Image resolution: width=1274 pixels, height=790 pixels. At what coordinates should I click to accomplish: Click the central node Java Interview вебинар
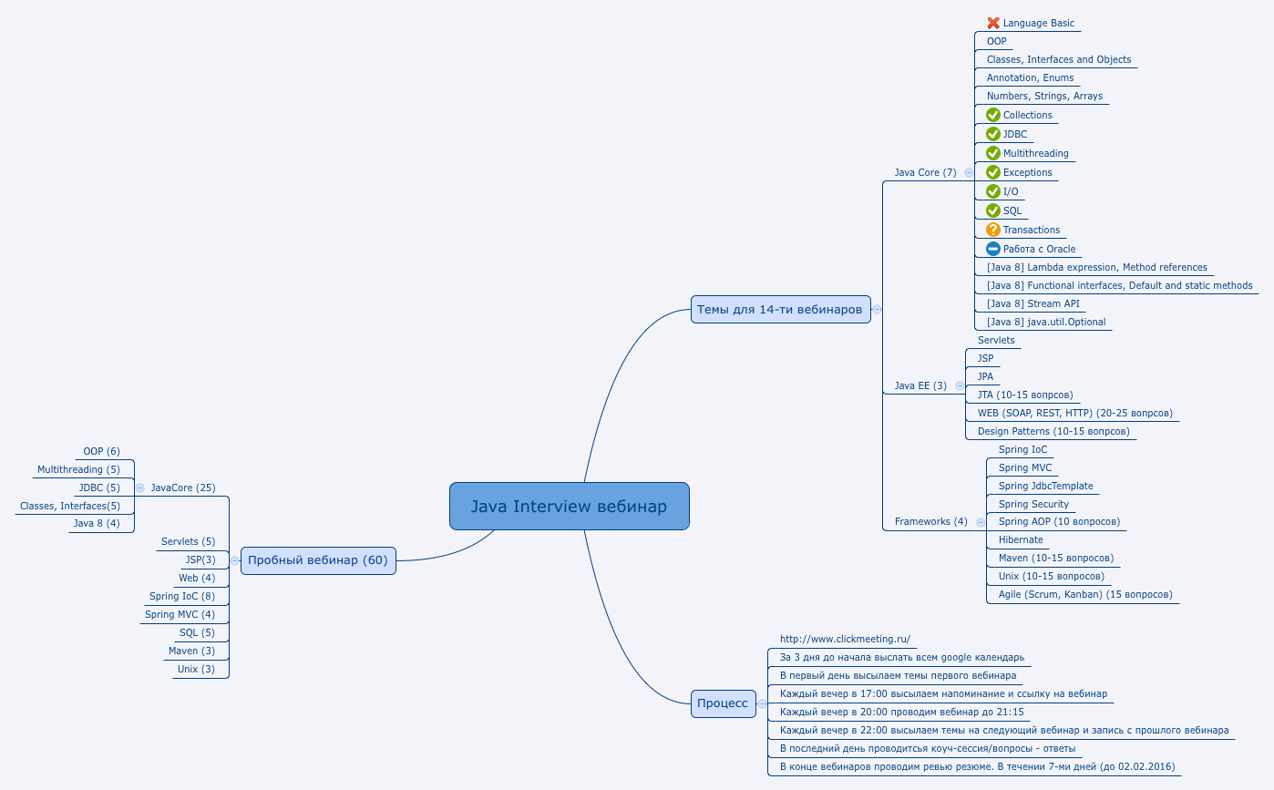[x=569, y=507]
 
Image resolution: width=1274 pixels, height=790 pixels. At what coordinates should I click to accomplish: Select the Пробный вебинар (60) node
[x=318, y=560]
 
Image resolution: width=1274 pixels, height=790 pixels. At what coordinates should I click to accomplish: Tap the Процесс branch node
[x=723, y=703]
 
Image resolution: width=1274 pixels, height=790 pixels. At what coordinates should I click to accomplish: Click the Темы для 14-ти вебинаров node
[x=780, y=309]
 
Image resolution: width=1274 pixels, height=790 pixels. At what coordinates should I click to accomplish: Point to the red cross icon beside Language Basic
[x=993, y=23]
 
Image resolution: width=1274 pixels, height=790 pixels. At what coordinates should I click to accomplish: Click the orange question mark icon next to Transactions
[x=993, y=230]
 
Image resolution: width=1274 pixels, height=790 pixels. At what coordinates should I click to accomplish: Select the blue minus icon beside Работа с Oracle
[x=993, y=249]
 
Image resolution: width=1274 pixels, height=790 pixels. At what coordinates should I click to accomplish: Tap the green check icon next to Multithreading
[x=993, y=153]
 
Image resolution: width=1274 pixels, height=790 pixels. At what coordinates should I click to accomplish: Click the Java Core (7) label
[x=925, y=172]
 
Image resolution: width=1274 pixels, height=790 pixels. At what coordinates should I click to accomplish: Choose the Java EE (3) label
[x=920, y=385]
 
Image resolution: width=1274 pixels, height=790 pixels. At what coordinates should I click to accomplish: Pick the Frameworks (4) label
[x=930, y=522]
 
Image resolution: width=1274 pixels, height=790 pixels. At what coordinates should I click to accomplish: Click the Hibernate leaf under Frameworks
[x=1020, y=540]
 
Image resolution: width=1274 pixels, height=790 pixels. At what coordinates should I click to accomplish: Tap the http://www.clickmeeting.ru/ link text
[x=845, y=640]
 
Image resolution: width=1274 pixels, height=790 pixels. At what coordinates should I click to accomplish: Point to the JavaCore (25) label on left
[x=183, y=487]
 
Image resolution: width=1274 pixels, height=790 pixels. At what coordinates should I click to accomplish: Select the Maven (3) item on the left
[x=191, y=651]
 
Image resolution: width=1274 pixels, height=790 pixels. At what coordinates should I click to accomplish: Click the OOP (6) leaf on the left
[x=101, y=452]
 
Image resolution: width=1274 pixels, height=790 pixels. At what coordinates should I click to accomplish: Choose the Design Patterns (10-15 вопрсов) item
[x=1053, y=432]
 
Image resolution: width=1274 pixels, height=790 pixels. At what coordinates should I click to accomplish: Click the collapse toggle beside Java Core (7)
[x=969, y=172]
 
